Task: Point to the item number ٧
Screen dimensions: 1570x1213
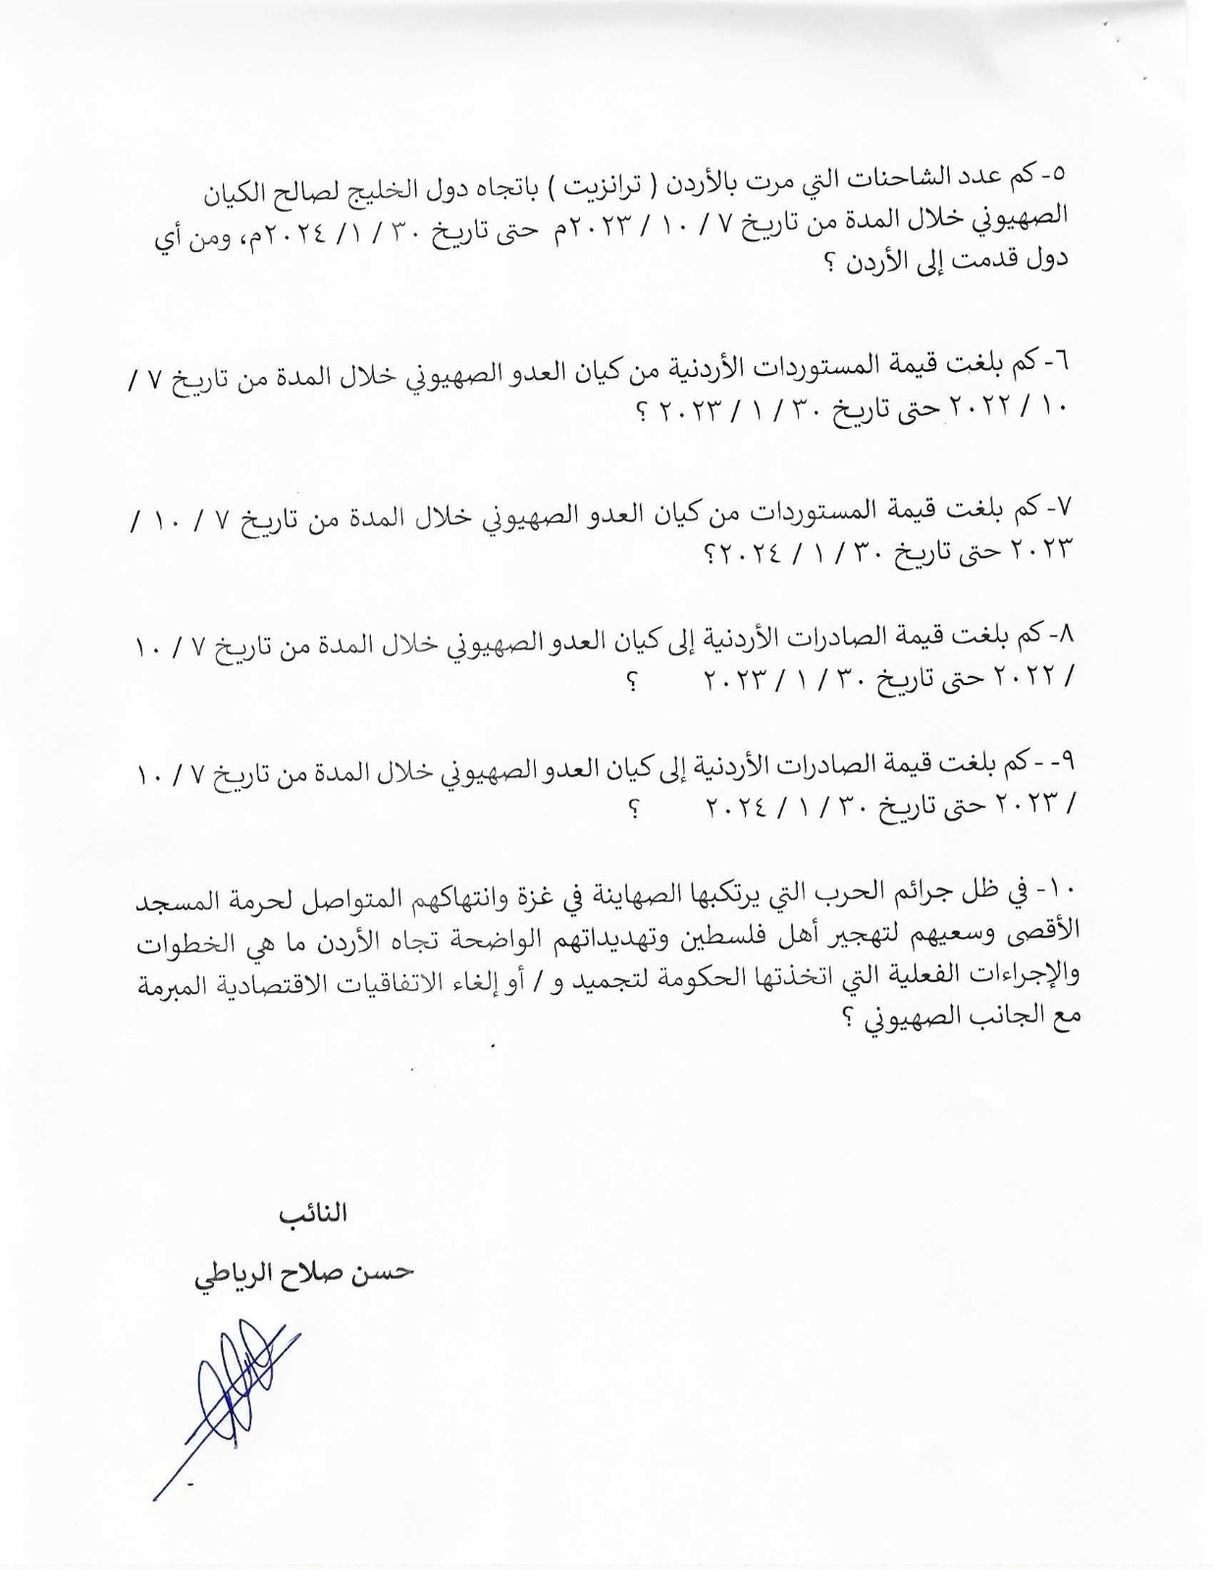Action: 1064,506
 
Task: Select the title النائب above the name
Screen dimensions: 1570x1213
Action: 314,1214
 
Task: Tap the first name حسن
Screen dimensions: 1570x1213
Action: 382,1273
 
